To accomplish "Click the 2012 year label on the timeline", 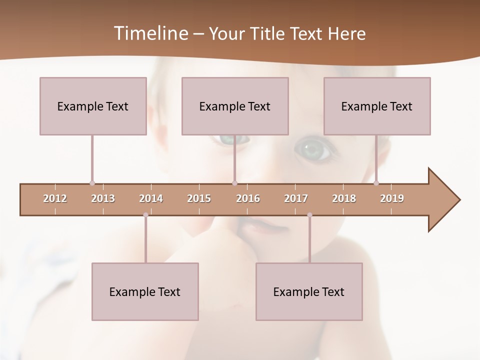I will point(55,199).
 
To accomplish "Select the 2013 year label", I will point(103,199).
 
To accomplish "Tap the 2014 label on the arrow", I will point(151,199).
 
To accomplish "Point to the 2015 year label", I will point(199,199).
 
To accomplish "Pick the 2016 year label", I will point(248,199).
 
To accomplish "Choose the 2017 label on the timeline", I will point(296,199).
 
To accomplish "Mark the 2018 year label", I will point(344,199).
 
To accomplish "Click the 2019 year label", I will point(392,199).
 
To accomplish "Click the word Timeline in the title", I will point(150,33).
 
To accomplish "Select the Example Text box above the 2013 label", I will point(93,106).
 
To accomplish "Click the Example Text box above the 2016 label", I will point(235,106).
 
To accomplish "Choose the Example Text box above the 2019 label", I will point(377,106).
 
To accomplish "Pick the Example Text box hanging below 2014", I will point(145,291).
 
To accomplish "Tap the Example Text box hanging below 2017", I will point(309,291).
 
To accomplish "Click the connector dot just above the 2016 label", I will point(234,183).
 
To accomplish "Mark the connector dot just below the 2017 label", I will point(309,215).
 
